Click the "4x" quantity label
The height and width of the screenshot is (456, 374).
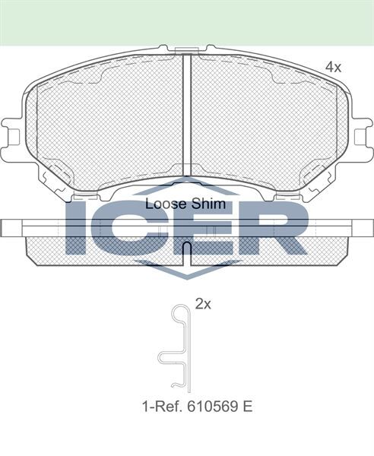pyautogui.click(x=333, y=68)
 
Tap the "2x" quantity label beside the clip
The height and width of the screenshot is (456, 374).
pyautogui.click(x=202, y=304)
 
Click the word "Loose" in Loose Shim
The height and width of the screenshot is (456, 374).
pyautogui.click(x=161, y=204)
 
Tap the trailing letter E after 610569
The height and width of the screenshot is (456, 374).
pyautogui.click(x=248, y=407)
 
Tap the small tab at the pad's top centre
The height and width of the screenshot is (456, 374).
pyautogui.click(x=186, y=51)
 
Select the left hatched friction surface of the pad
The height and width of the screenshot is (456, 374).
pyautogui.click(x=106, y=122)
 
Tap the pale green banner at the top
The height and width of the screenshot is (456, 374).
pyautogui.click(x=187, y=21)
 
